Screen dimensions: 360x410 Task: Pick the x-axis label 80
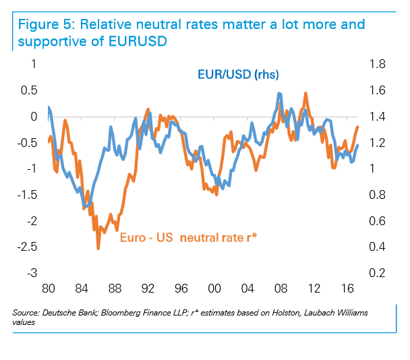tap(48, 289)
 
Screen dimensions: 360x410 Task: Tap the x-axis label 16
tap(347, 289)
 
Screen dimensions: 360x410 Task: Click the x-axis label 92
tap(148, 289)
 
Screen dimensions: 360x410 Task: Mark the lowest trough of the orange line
tap(98, 249)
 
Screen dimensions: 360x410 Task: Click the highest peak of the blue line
tap(279, 93)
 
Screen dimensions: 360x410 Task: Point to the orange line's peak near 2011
tap(306, 92)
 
